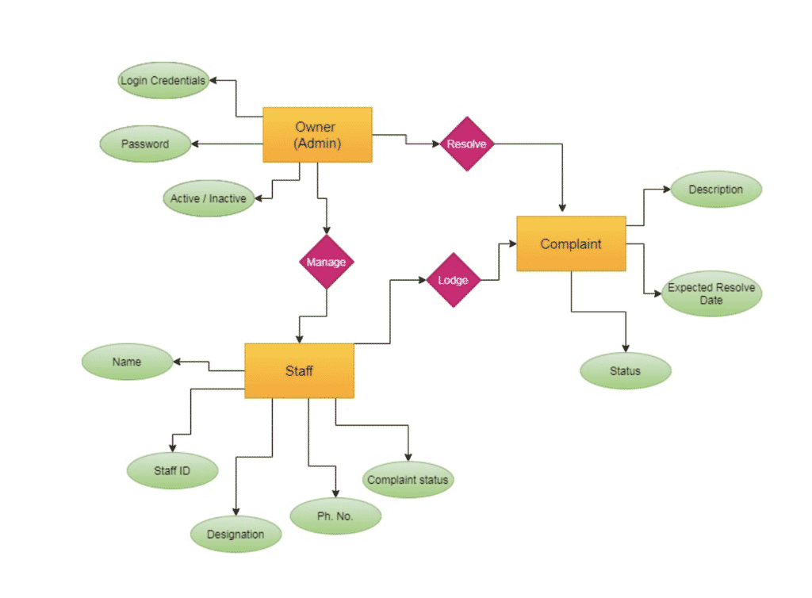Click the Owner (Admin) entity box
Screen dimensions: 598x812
tap(317, 135)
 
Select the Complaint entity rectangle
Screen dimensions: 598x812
tap(571, 243)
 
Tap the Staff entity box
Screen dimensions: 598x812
tap(299, 370)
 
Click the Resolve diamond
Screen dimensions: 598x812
tap(467, 144)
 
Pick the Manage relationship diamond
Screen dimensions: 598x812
tap(326, 262)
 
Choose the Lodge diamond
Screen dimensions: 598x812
tap(454, 280)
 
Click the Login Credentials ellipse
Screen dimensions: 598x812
tap(163, 81)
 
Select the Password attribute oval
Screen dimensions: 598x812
tap(145, 144)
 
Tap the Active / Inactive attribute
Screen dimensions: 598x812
tap(209, 198)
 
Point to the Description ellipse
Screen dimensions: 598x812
tap(715, 190)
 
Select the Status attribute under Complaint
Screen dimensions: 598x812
tap(625, 370)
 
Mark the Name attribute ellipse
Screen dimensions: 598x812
tap(127, 362)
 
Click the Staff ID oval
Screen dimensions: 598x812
tap(172, 470)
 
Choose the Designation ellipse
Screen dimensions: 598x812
tap(236, 534)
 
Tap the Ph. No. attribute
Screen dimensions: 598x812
tap(335, 516)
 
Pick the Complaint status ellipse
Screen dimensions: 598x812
tap(408, 480)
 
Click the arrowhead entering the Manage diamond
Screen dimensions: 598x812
tap(326, 231)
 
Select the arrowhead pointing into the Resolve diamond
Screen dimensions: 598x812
tap(435, 144)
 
